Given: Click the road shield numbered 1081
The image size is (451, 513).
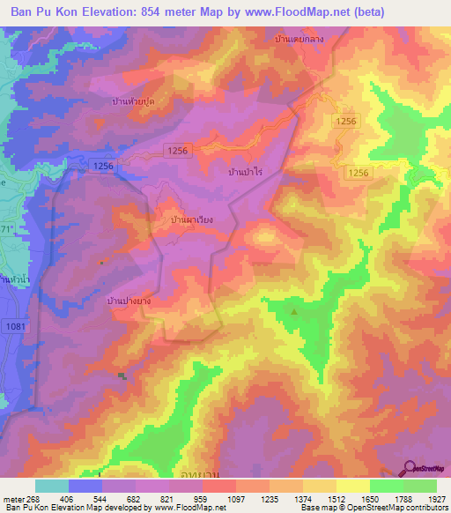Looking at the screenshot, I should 15,327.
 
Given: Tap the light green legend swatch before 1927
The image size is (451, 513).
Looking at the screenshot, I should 420,486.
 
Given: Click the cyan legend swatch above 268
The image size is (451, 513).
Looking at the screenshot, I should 52,486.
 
